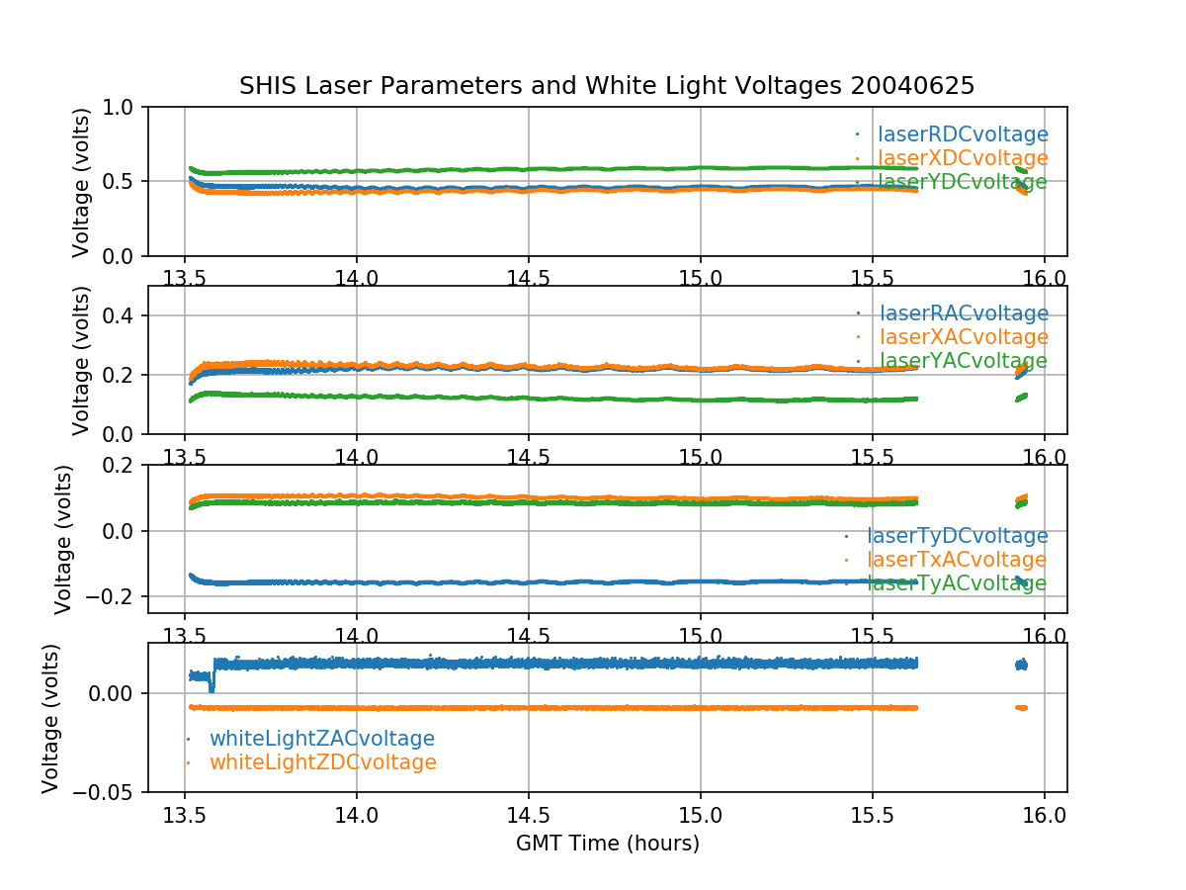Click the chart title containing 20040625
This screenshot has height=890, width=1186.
click(x=607, y=86)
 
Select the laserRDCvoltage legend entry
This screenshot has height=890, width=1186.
click(x=963, y=134)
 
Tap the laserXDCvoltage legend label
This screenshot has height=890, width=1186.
click(x=963, y=158)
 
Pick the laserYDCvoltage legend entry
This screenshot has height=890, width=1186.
click(x=963, y=182)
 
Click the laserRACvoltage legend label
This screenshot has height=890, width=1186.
click(x=963, y=314)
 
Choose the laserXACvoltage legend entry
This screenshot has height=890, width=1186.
click(x=963, y=338)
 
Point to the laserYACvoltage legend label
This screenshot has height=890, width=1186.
click(x=963, y=362)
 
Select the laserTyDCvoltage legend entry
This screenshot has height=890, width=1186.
click(x=957, y=536)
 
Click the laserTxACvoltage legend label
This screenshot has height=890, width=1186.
click(x=957, y=560)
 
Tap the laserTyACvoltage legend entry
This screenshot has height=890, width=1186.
click(x=957, y=583)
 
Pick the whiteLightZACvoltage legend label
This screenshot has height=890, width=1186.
click(x=322, y=739)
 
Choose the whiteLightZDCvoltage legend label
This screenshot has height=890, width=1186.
click(x=323, y=762)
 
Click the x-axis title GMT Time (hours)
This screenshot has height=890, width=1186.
click(x=607, y=844)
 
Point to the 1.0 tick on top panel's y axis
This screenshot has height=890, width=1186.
click(x=124, y=107)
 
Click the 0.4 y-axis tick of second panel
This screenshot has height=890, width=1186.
click(x=124, y=315)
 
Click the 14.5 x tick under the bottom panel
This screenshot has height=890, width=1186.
click(x=528, y=817)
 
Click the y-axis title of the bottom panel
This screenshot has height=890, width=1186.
click(x=50, y=718)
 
